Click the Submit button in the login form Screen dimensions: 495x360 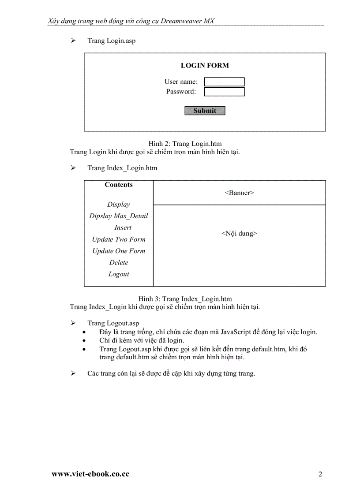coord(205,111)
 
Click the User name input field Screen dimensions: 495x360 coord(224,82)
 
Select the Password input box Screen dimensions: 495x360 coord(224,92)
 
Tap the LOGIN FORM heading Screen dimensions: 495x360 coord(205,66)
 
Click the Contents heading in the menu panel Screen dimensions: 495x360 coord(119,185)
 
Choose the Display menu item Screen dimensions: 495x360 coord(119,205)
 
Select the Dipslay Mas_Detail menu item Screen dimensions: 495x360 coord(119,216)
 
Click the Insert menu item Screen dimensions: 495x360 coord(123,227)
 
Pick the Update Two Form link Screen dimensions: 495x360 coord(119,239)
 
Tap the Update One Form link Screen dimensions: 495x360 coord(119,251)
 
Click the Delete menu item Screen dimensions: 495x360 coord(119,262)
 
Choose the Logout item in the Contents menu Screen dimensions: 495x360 coord(119,274)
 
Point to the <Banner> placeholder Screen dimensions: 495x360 coord(239,193)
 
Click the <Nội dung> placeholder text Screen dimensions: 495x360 coord(239,234)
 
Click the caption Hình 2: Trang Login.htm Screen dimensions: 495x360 coord(185,144)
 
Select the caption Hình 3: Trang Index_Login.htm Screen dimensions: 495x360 coord(185,299)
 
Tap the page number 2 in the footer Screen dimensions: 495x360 coord(320,474)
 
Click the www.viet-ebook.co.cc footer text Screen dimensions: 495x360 coord(90,474)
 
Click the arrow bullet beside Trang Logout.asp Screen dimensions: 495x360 coord(73,323)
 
